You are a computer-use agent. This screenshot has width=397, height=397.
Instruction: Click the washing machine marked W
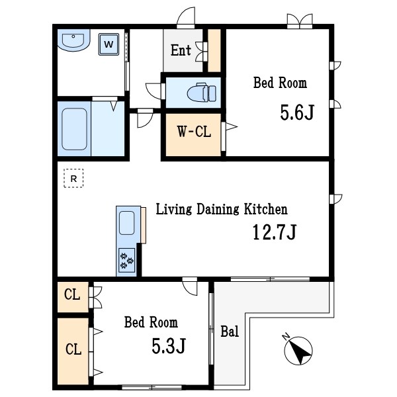pos(109,44)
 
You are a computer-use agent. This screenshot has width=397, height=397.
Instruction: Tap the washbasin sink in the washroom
pos(73,40)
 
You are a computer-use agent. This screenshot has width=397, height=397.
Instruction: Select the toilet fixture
pos(202,93)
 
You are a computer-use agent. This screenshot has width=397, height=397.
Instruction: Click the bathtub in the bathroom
pos(74,129)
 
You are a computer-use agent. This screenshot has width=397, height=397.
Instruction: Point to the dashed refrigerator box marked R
pos(73,178)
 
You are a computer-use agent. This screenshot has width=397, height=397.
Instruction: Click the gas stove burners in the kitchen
pos(126,260)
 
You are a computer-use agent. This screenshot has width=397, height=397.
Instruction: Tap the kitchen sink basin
pos(126,223)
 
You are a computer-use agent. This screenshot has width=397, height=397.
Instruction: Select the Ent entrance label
pos(181,50)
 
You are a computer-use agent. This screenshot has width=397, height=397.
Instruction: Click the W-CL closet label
pos(194,132)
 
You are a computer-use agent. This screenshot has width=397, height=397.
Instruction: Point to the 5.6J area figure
pos(297,112)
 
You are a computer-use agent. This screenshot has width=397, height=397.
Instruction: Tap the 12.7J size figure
pos(275,232)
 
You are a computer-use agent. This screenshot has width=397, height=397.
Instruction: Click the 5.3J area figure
pos(169,346)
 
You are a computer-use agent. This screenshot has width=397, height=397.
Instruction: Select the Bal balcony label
pos(230,331)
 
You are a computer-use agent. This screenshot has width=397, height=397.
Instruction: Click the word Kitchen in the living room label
pos(265,209)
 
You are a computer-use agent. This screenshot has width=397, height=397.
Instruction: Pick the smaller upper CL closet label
pos(72,294)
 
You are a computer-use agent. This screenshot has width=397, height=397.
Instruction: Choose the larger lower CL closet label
pos(73,349)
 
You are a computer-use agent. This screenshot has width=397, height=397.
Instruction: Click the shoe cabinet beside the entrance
pos(214,50)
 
